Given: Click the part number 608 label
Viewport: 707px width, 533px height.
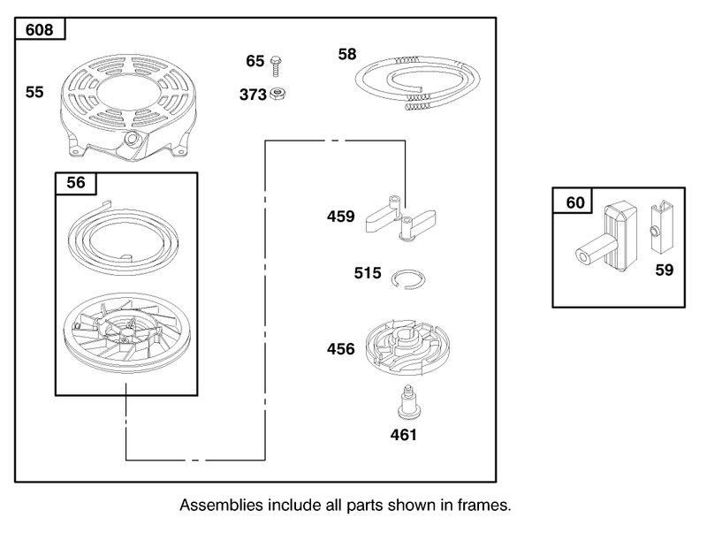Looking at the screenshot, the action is (39, 30).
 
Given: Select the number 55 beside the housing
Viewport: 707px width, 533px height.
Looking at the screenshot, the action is (34, 92).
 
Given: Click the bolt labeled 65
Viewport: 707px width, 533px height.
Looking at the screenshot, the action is (275, 65).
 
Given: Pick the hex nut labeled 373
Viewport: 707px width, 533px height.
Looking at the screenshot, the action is (277, 95).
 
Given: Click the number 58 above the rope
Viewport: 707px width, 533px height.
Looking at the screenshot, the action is (347, 54).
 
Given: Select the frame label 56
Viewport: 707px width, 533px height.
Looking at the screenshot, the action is (76, 183).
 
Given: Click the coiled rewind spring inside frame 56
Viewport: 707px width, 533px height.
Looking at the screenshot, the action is (123, 237).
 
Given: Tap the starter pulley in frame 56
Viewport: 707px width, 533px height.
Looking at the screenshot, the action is (127, 332).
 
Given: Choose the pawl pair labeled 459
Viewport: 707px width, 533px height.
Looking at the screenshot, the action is (400, 218).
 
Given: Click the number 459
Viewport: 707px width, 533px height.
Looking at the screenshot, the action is (341, 217).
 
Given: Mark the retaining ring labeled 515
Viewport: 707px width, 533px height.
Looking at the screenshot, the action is (408, 279).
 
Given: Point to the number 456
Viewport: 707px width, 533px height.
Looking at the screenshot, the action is (341, 349).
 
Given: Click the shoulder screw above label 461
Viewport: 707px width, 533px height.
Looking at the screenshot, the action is (409, 403).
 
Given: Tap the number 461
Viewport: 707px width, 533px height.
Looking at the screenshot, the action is (404, 435).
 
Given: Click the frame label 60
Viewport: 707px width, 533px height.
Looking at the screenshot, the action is (575, 203).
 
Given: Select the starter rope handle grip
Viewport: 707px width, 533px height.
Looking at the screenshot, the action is (607, 238).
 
